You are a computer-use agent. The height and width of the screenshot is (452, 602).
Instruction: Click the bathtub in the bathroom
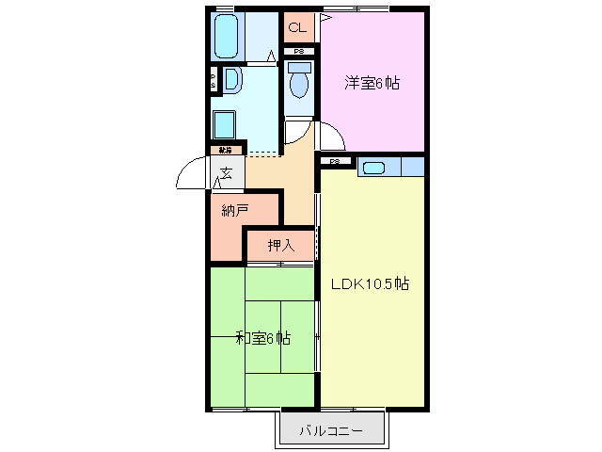click(x=226, y=39)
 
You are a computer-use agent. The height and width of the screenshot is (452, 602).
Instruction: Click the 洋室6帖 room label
click(x=371, y=83)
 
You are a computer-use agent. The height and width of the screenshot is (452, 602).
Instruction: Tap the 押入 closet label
click(x=280, y=247)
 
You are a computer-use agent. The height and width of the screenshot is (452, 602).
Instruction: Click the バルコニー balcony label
click(x=330, y=431)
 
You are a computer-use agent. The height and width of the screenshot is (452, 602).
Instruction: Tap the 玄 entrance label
click(x=228, y=172)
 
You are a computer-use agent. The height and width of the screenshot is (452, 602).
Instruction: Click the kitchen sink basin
click(x=373, y=168)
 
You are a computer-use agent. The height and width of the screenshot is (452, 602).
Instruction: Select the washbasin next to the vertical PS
click(x=232, y=80)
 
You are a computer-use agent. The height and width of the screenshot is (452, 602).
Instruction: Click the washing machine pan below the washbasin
click(x=224, y=124)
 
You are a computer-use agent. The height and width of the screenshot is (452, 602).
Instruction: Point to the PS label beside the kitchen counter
click(x=335, y=162)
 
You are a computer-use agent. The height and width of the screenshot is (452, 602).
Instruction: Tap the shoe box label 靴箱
click(x=226, y=150)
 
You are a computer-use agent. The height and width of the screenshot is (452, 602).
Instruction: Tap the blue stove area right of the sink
click(x=412, y=168)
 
